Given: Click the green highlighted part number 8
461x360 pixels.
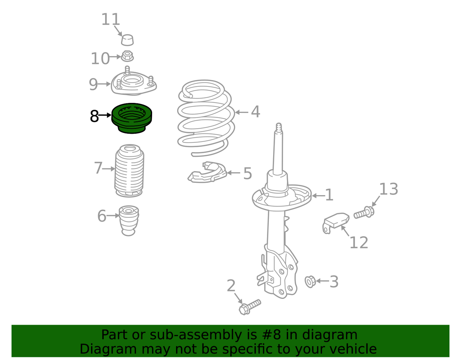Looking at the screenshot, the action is (131, 118).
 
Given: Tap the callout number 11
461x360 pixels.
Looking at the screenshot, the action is (111, 19).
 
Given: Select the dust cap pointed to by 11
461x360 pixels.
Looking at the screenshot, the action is (127, 40).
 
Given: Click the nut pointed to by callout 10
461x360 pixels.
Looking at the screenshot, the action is (127, 56).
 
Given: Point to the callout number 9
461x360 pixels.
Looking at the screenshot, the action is (93, 84).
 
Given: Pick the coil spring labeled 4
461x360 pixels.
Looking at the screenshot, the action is (206, 118).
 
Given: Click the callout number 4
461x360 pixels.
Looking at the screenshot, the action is (255, 112).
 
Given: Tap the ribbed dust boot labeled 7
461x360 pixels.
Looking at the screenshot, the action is (129, 171).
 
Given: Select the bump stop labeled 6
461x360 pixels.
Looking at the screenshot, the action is (129, 221).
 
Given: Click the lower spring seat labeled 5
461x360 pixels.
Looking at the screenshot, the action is (207, 172).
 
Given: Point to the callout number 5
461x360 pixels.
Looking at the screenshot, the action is (247, 174).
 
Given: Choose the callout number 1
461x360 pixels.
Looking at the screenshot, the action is (329, 195).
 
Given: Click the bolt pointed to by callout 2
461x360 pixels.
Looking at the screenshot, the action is (249, 307).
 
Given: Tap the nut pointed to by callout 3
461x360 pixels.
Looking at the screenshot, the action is (310, 282).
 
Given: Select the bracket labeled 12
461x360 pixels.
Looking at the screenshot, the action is (335, 223).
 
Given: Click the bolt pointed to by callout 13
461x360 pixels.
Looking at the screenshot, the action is (364, 212).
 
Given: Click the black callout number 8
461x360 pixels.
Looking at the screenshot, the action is (95, 116).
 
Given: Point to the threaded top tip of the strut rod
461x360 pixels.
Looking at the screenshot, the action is (279, 127).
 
